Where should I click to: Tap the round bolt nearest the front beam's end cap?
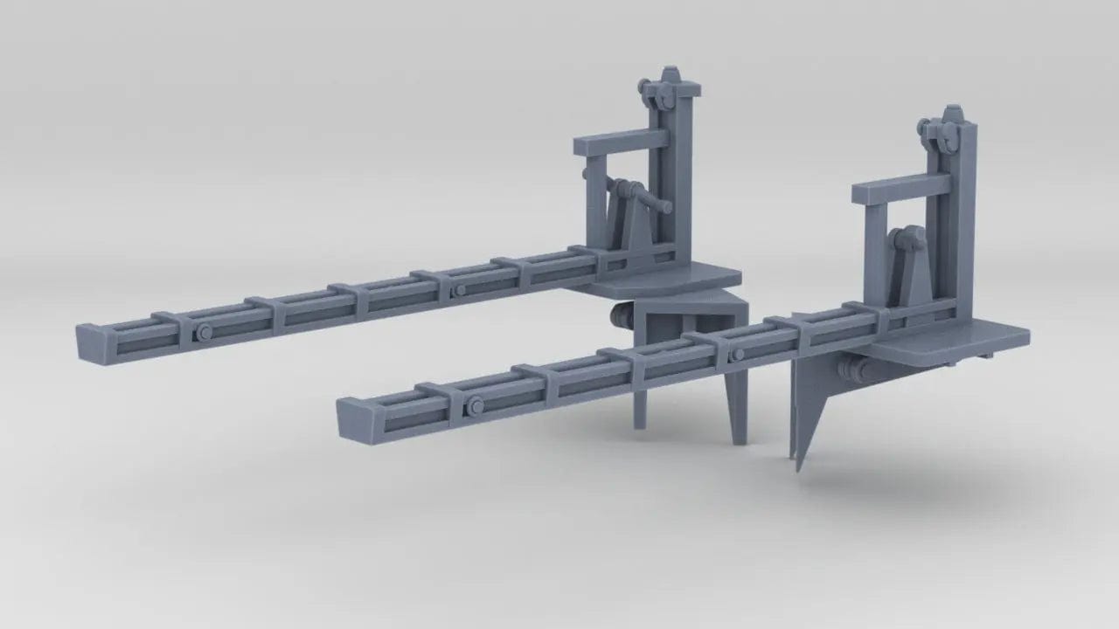tap(476, 404)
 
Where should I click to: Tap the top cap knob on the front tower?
tap(952, 114)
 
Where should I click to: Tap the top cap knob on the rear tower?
tap(671, 72)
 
